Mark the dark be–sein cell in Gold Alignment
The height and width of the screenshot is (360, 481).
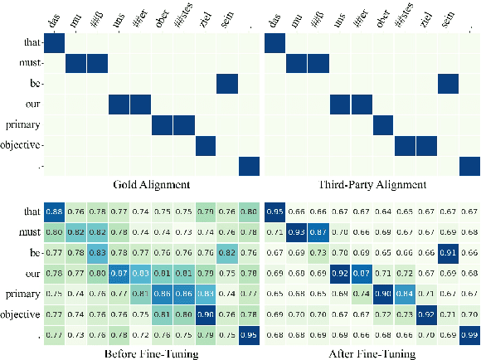(x=226, y=83)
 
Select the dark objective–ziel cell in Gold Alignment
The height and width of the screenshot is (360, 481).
(x=205, y=144)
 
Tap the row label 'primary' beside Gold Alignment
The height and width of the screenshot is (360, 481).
(x=22, y=124)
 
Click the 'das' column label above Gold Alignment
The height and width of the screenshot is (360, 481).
(x=55, y=24)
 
